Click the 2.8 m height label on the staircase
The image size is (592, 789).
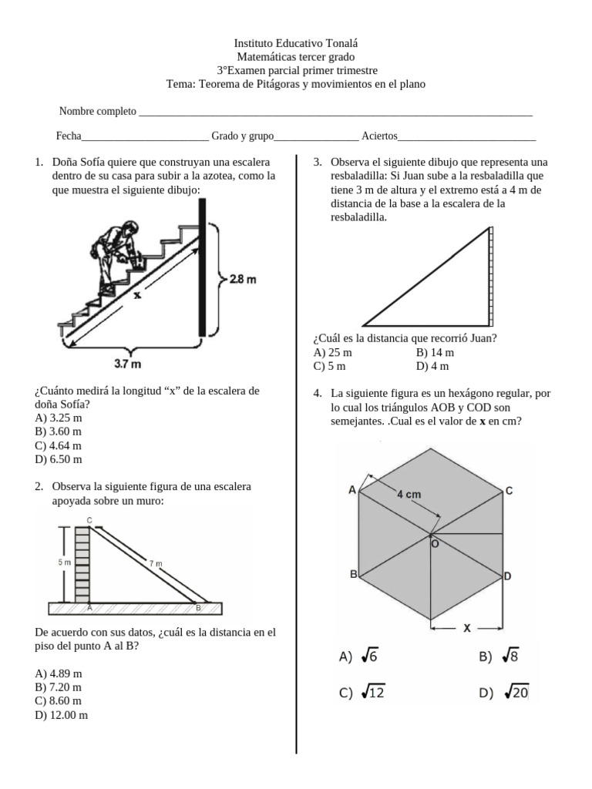(x=243, y=279)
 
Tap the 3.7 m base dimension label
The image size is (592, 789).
(x=127, y=364)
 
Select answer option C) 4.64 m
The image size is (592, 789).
(x=58, y=445)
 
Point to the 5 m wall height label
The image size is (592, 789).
(x=64, y=562)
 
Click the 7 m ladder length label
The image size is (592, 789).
(x=156, y=563)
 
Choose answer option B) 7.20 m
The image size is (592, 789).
(x=58, y=687)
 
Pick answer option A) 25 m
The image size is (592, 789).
(x=333, y=352)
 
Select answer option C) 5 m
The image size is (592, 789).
(x=329, y=366)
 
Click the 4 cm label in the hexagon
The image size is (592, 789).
(x=409, y=494)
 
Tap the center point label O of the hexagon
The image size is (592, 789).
(x=435, y=544)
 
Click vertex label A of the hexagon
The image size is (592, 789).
(x=352, y=489)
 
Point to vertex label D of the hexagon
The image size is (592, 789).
(x=507, y=576)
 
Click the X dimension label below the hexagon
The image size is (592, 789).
(x=467, y=627)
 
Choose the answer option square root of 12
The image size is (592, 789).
(x=362, y=693)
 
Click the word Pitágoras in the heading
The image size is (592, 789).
(x=277, y=84)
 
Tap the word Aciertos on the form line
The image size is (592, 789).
(x=379, y=136)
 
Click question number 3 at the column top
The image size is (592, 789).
(x=317, y=162)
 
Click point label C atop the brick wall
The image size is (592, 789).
(x=89, y=520)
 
